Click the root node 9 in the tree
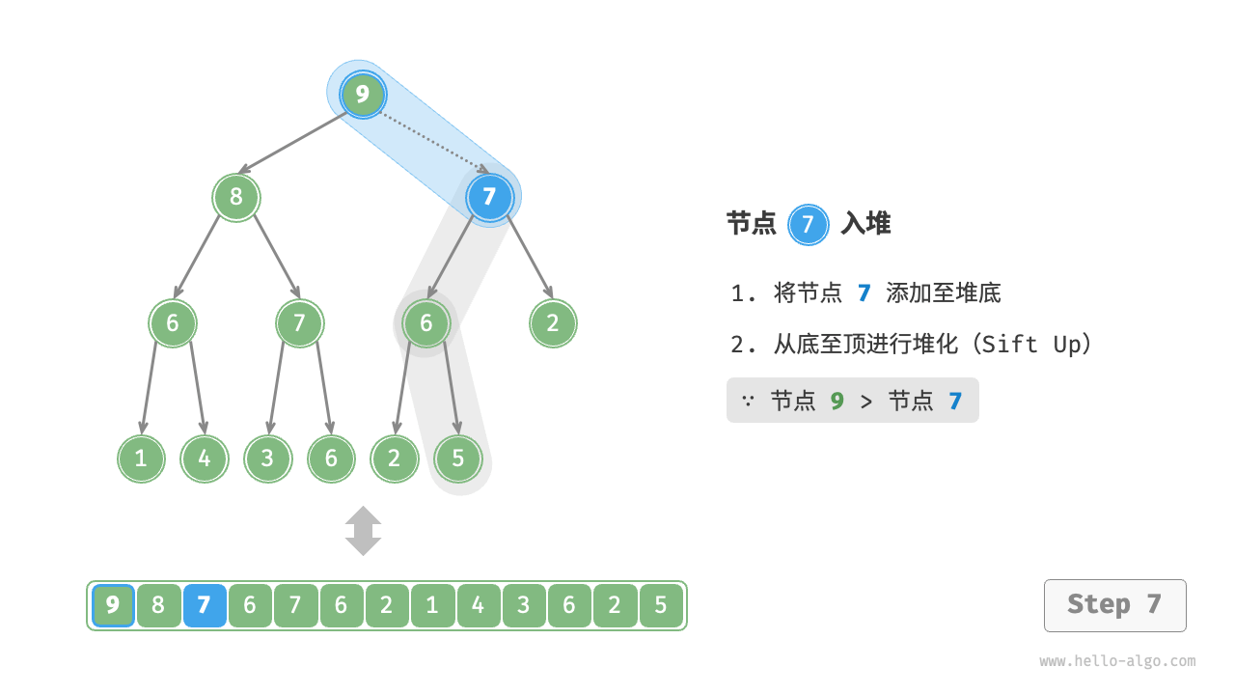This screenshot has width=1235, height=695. pyautogui.click(x=363, y=95)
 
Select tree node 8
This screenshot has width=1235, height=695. pyautogui.click(x=236, y=198)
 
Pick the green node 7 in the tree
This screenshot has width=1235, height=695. pyautogui.click(x=299, y=323)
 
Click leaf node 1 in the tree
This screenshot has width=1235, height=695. pyautogui.click(x=141, y=459)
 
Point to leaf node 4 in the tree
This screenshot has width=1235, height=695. pyautogui.click(x=205, y=459)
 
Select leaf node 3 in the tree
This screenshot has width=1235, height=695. pyautogui.click(x=267, y=459)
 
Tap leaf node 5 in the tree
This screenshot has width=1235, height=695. pyautogui.click(x=457, y=459)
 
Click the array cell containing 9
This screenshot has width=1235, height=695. pyautogui.click(x=113, y=606)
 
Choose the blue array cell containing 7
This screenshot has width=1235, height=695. pyautogui.click(x=204, y=606)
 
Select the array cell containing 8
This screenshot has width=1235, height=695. pyautogui.click(x=158, y=606)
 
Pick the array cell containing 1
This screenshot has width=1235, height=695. pyautogui.click(x=432, y=606)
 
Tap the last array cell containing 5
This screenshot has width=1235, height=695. pyautogui.click(x=660, y=606)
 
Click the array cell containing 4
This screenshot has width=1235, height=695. pyautogui.click(x=478, y=606)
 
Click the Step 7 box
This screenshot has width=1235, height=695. pyautogui.click(x=1114, y=605)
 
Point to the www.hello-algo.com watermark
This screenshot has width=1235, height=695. pyautogui.click(x=1117, y=661)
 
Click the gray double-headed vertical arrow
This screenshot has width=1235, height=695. pyautogui.click(x=363, y=531)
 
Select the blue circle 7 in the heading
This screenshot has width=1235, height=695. pyautogui.click(x=808, y=225)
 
